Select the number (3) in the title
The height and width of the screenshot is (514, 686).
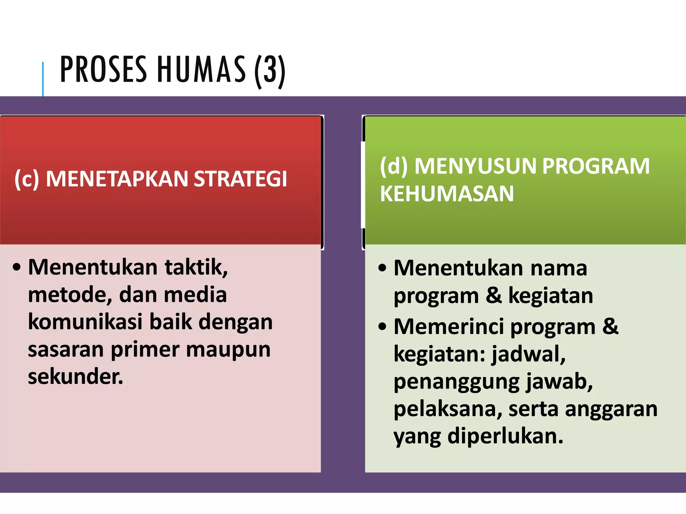[x=270, y=71]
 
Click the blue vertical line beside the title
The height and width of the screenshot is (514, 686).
[x=43, y=79]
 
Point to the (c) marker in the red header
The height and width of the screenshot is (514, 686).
[x=27, y=179]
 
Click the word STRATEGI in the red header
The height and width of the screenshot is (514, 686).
[x=240, y=179]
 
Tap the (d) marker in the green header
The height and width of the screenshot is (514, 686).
[x=394, y=166]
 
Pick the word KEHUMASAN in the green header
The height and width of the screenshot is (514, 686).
[x=447, y=194]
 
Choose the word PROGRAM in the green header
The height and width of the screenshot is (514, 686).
[x=596, y=166]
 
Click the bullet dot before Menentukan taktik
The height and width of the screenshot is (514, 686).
[x=17, y=268]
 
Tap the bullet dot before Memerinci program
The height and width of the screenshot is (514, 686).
[x=382, y=327]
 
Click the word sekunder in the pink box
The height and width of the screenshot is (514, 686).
[x=75, y=376]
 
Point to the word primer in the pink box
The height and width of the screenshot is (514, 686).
[x=145, y=350]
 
